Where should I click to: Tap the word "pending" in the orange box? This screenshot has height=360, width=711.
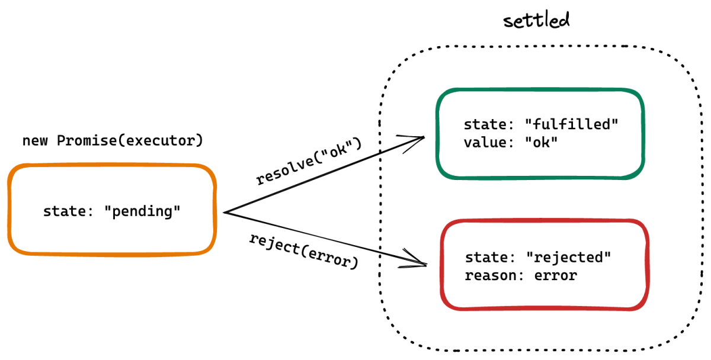(x=142, y=211)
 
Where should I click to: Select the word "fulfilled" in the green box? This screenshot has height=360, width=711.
(x=571, y=124)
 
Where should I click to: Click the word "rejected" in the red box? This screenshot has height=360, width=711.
(x=568, y=257)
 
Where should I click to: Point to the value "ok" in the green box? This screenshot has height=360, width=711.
(x=541, y=142)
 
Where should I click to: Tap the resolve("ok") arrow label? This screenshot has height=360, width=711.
(x=309, y=161)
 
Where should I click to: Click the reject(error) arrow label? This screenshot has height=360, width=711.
(x=304, y=252)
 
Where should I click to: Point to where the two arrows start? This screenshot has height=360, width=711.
(x=224, y=213)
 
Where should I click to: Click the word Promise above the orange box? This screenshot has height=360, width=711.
(x=87, y=140)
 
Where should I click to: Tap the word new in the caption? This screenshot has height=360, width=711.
(x=35, y=141)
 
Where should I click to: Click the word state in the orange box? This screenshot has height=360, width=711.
(x=64, y=211)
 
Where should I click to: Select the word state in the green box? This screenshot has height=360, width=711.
(x=485, y=124)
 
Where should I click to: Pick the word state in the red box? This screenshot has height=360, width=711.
(x=486, y=257)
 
